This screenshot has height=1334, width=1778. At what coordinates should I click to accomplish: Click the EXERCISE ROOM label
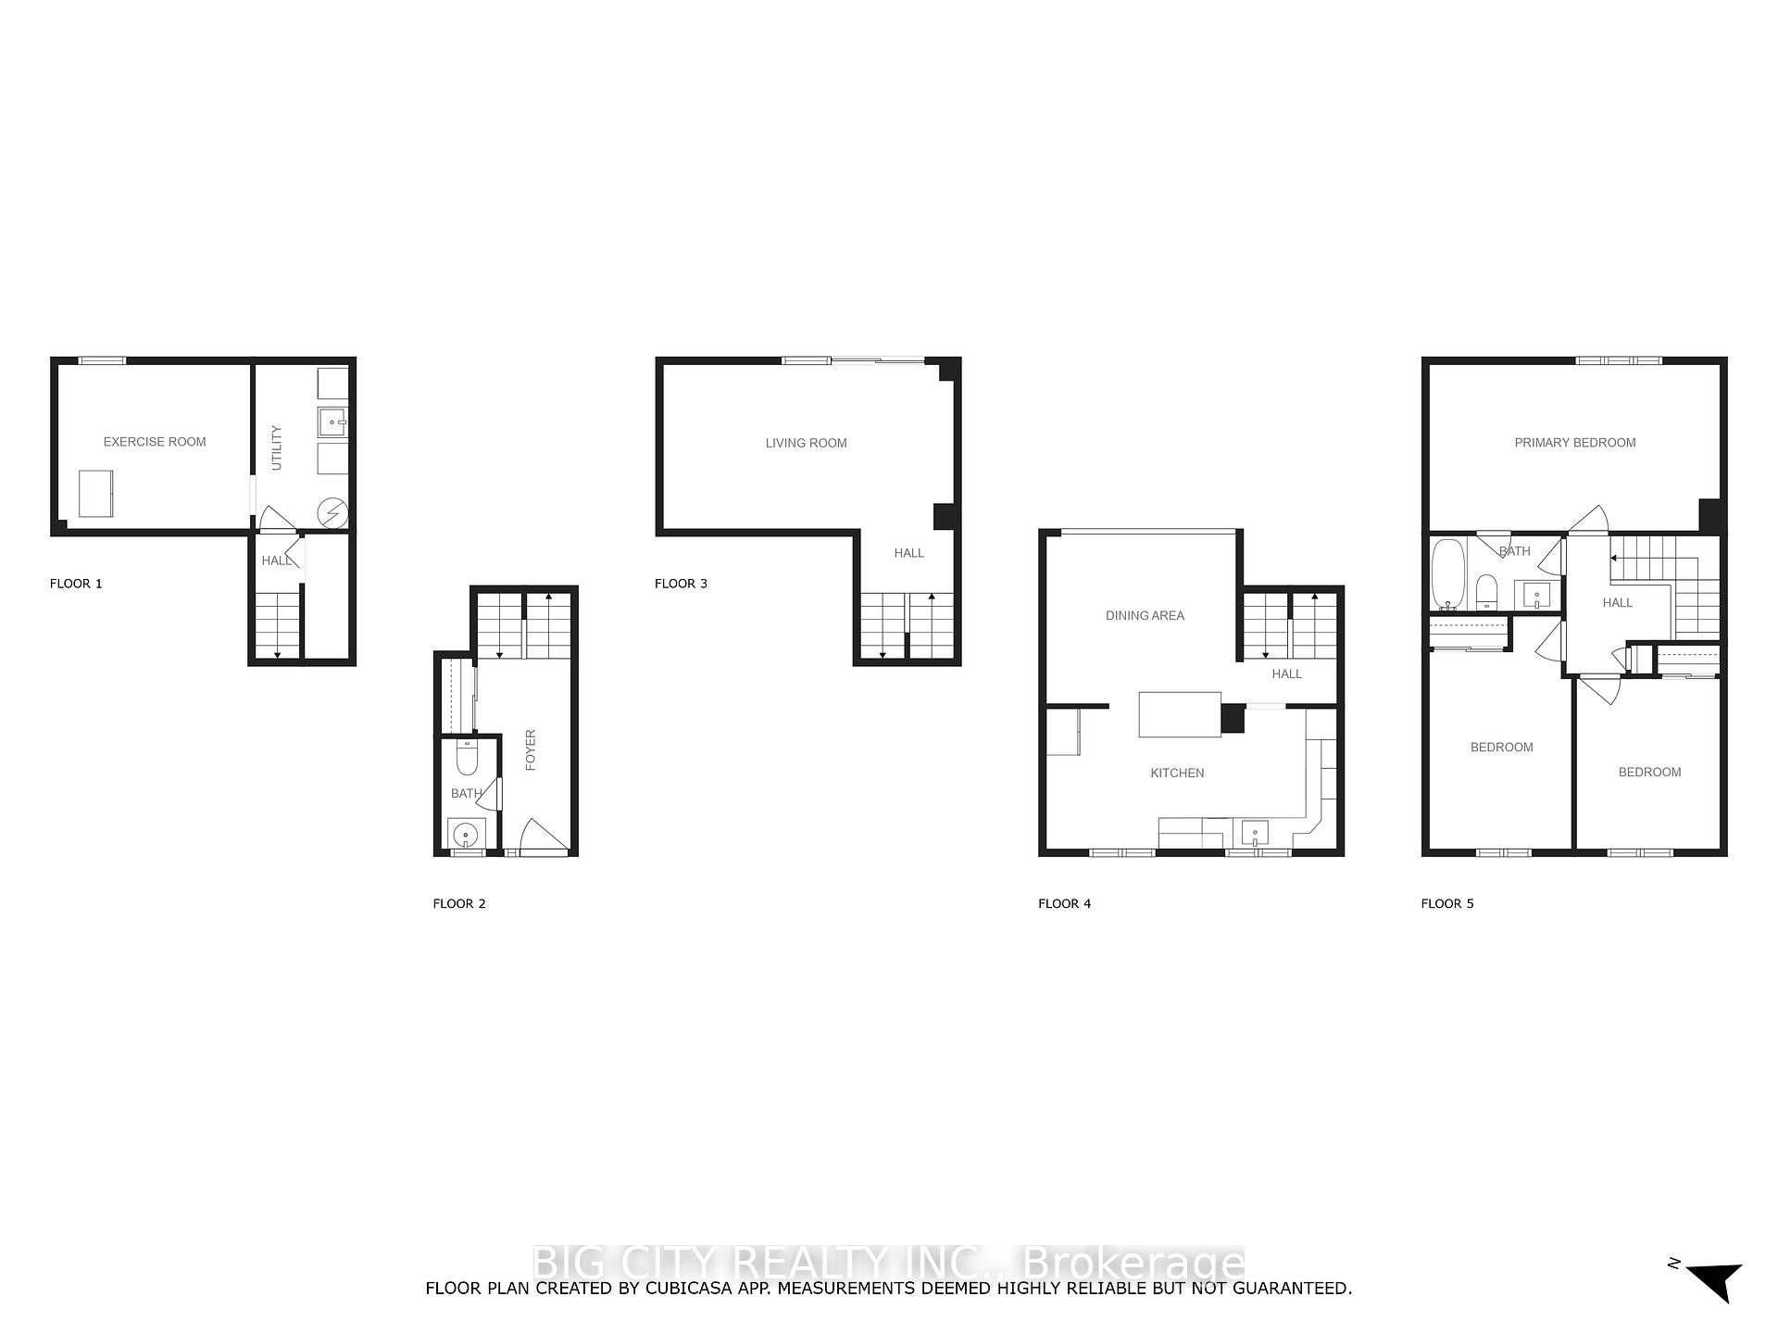[155, 442]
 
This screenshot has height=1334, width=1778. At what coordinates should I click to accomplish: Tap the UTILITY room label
[276, 448]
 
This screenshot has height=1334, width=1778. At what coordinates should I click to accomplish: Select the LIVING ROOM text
[806, 443]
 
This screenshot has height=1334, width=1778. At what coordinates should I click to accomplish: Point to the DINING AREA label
[1145, 615]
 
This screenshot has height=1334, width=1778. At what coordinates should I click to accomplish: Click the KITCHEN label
[1177, 773]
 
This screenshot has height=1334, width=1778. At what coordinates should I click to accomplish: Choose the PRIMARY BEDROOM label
[1574, 443]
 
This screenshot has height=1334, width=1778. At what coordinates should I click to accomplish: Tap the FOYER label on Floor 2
[531, 750]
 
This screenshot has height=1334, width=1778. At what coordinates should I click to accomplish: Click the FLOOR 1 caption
[76, 584]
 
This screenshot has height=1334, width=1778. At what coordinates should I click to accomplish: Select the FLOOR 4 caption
[1064, 903]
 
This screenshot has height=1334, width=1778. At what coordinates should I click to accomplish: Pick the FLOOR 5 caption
[1447, 903]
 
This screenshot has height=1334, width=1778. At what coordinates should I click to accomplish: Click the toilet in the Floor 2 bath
[467, 758]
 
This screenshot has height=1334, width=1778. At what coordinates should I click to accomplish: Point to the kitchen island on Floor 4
[1180, 714]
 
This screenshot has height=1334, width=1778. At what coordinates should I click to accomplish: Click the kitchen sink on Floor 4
[1255, 833]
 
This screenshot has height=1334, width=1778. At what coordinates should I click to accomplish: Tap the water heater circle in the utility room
[333, 512]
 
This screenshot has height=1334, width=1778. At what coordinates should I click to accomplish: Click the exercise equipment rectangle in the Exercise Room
[95, 494]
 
